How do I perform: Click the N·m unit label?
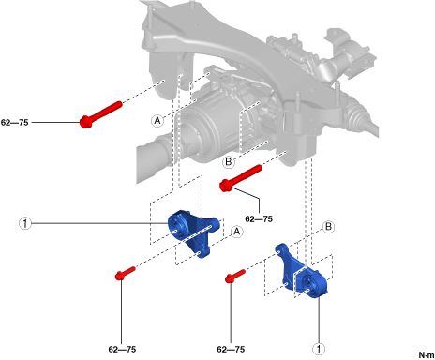click(x=427, y=355)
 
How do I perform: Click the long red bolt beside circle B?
click(x=241, y=178)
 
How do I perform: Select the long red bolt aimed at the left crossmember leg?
click(x=100, y=114)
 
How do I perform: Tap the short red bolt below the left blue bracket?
click(x=126, y=273)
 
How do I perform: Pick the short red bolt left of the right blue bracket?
click(x=235, y=276)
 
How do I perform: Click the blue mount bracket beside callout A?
click(x=194, y=232)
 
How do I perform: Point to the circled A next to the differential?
click(x=157, y=120)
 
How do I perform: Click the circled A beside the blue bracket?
click(x=237, y=232)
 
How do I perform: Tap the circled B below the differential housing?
click(x=229, y=162)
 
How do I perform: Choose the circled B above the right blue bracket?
click(x=328, y=226)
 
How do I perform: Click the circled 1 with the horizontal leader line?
click(x=25, y=223)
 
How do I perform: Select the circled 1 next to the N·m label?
click(x=319, y=349)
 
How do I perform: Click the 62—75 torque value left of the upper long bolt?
click(x=15, y=122)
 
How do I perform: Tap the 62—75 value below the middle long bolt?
click(x=259, y=218)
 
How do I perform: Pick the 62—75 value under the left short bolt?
click(x=122, y=349)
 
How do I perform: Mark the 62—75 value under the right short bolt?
click(x=231, y=349)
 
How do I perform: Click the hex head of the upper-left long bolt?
click(x=85, y=122)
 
